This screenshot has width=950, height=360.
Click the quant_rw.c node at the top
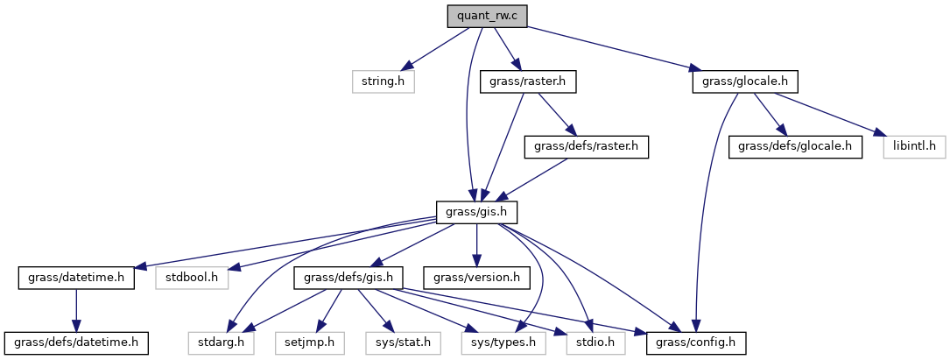click(x=488, y=16)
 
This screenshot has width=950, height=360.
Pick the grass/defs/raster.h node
click(x=586, y=146)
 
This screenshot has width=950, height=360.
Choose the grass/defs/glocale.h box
click(x=795, y=146)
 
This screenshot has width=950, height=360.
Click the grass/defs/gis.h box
click(x=353, y=278)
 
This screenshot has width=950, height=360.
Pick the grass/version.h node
click(x=475, y=278)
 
